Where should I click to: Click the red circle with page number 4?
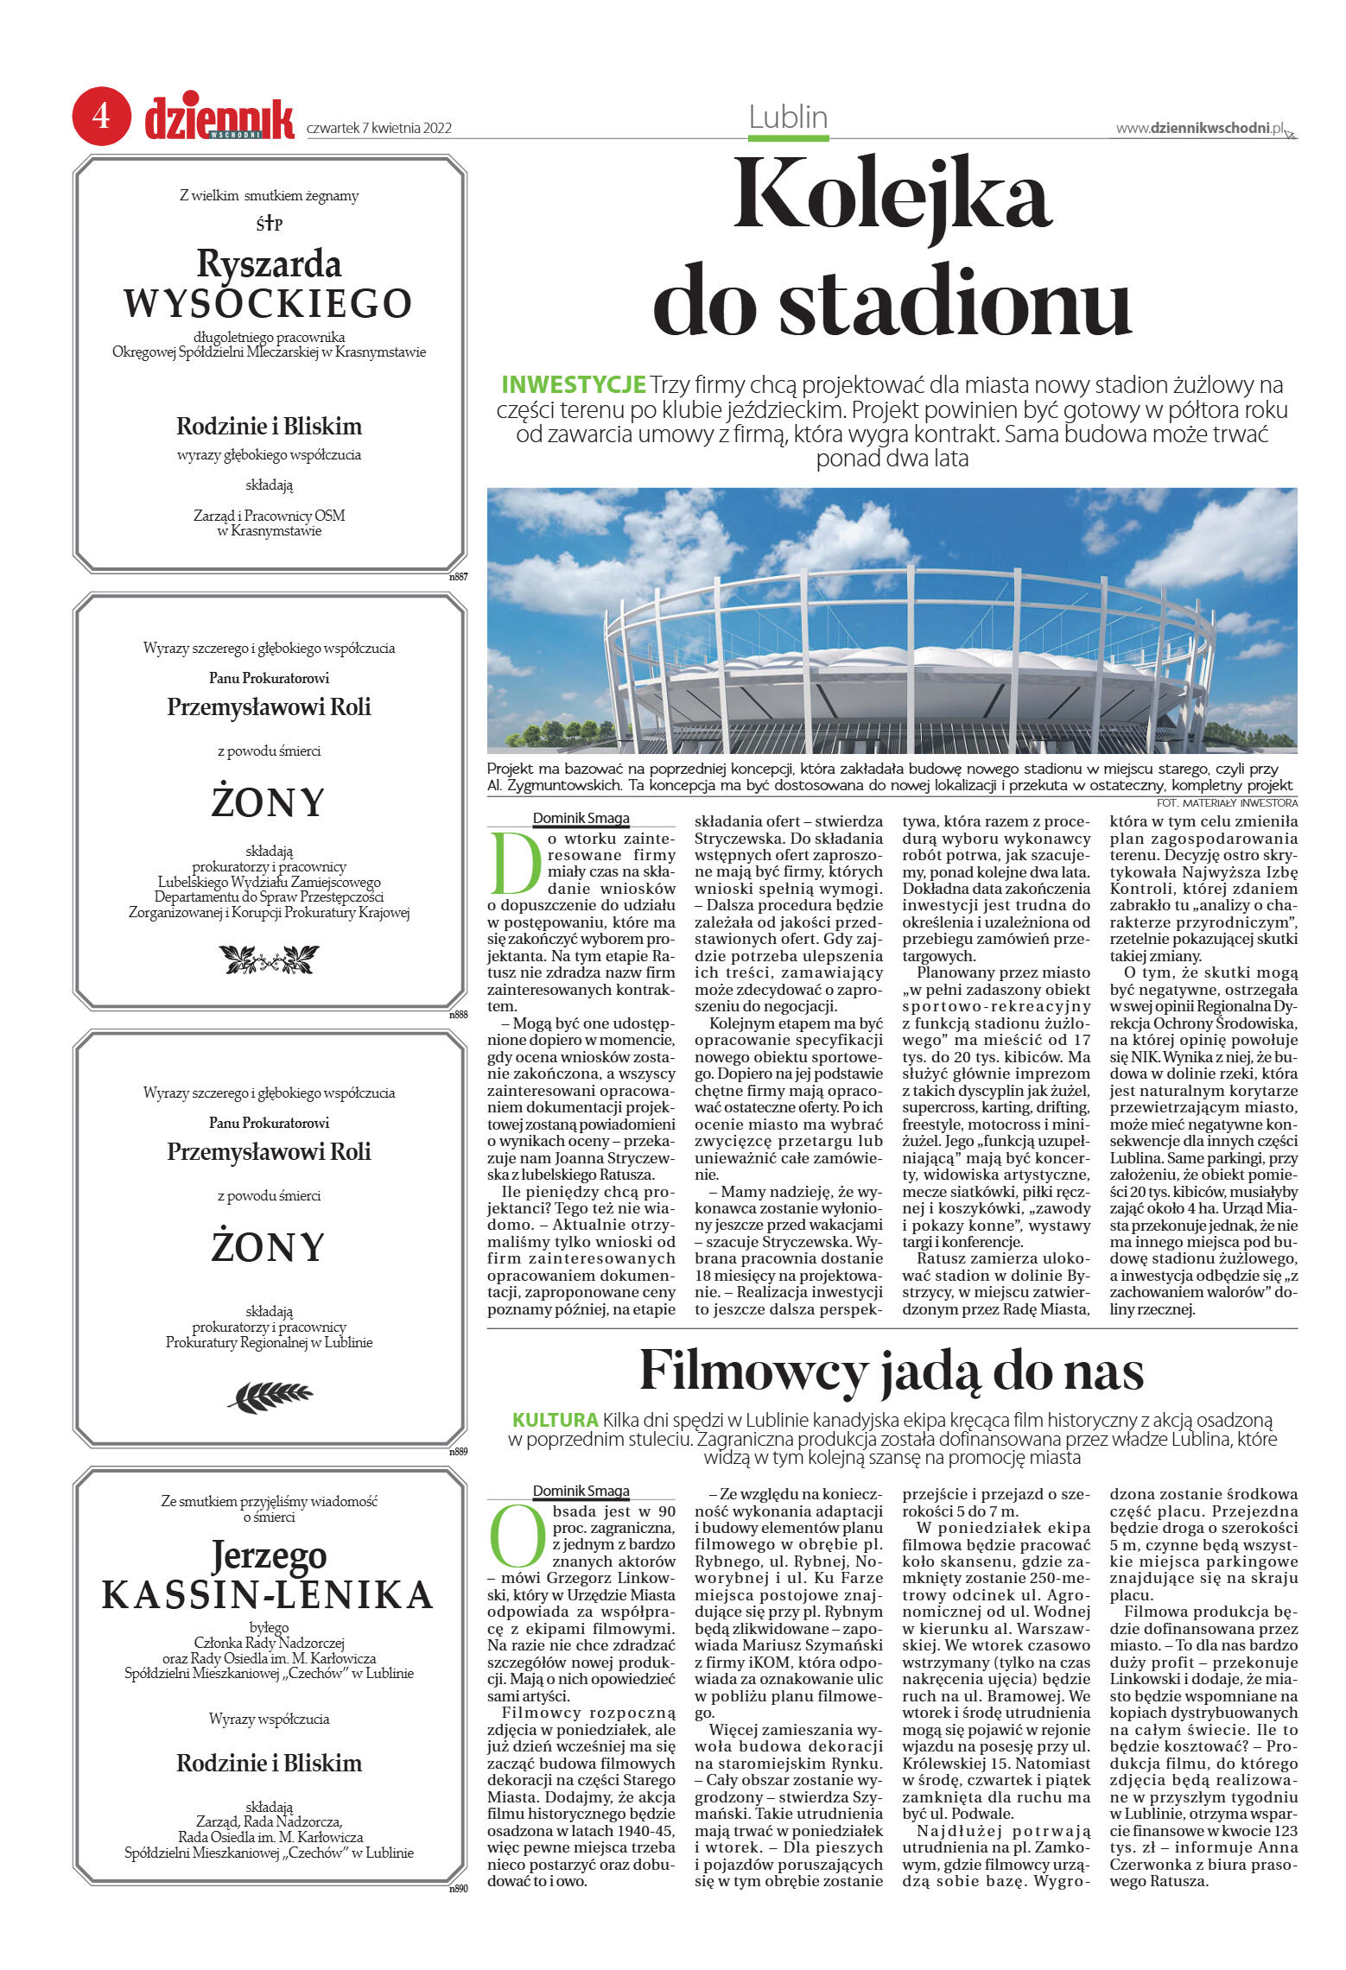click(101, 116)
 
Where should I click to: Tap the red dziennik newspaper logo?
click(219, 119)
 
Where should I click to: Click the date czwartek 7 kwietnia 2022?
click(379, 129)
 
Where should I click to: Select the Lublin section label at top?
click(788, 117)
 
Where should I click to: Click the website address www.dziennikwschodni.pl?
click(1200, 129)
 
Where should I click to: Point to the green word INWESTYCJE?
click(574, 384)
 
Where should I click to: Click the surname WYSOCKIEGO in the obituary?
click(268, 303)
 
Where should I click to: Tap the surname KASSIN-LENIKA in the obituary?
click(268, 1595)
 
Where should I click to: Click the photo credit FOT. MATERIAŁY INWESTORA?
click(1226, 802)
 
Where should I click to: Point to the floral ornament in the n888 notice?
click(269, 958)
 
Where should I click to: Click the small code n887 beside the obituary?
click(458, 577)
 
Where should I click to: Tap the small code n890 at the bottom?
click(458, 1889)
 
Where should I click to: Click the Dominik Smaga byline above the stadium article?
click(581, 818)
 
